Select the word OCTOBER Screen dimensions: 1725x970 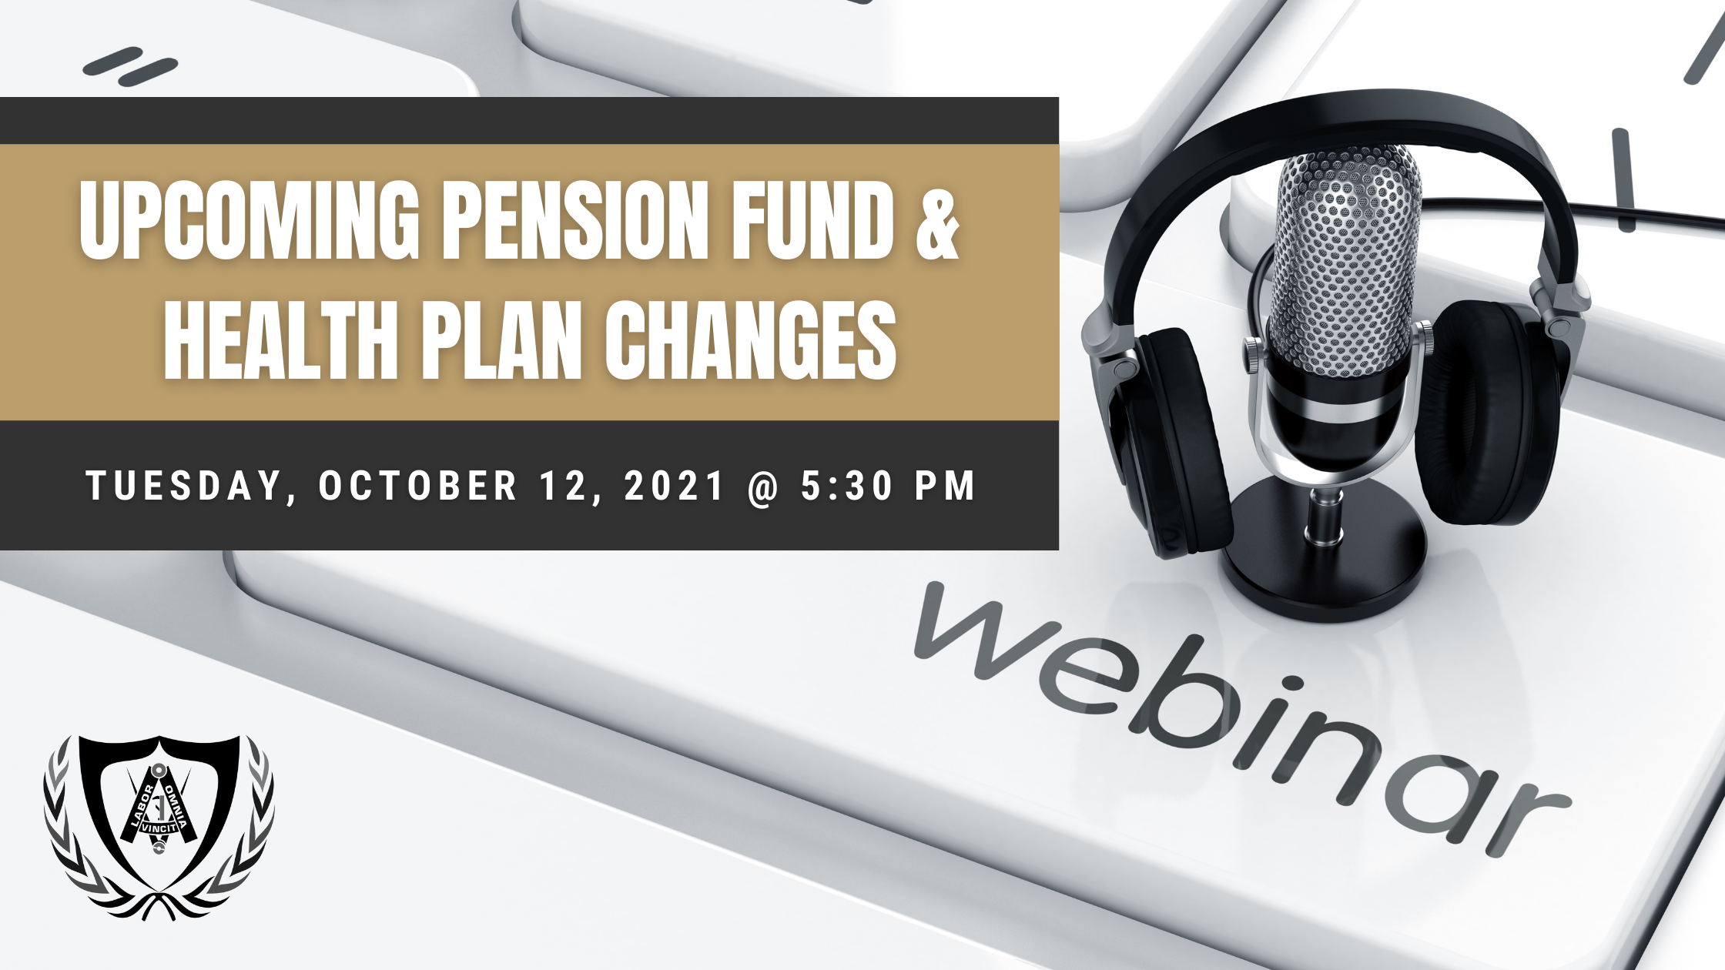pos(417,486)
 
